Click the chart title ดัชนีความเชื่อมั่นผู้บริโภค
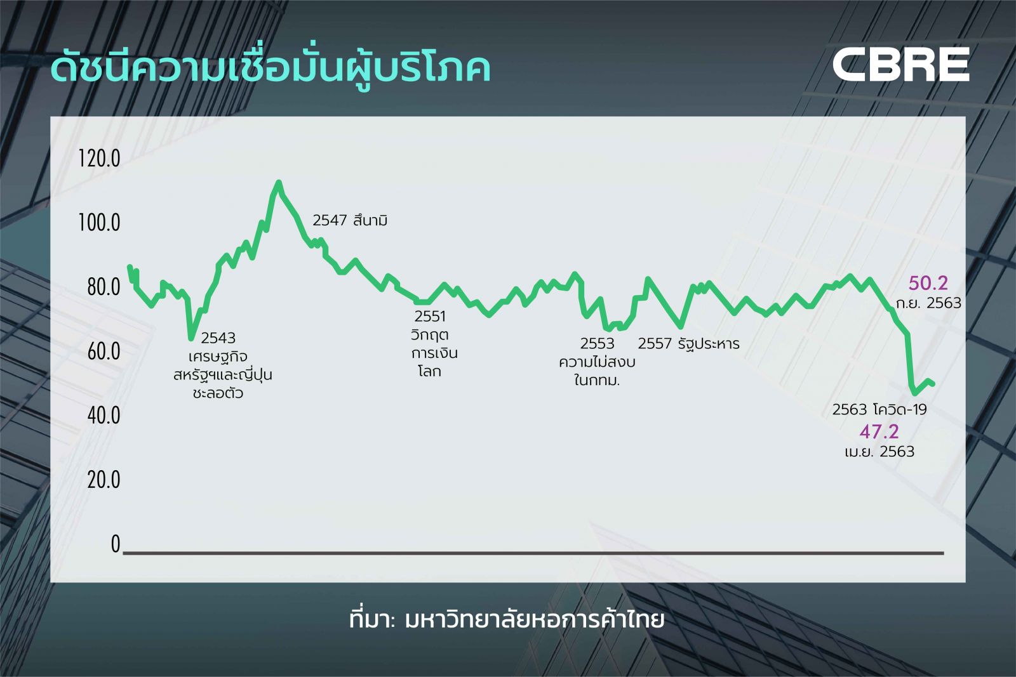(x=271, y=69)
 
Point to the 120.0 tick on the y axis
(x=99, y=159)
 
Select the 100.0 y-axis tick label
(x=99, y=223)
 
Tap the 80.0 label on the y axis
(x=104, y=287)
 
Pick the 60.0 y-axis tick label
(x=104, y=351)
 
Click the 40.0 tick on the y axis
(x=104, y=415)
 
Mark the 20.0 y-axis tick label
(x=104, y=480)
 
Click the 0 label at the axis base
(x=116, y=544)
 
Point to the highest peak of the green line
(x=279, y=182)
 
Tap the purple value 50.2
(x=928, y=283)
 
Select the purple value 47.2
(x=879, y=432)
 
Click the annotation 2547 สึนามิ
(x=350, y=221)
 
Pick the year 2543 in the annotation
(x=218, y=338)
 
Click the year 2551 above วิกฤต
(x=430, y=317)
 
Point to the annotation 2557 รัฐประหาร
(x=688, y=344)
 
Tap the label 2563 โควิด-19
(x=879, y=410)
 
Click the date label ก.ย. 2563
(x=928, y=303)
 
